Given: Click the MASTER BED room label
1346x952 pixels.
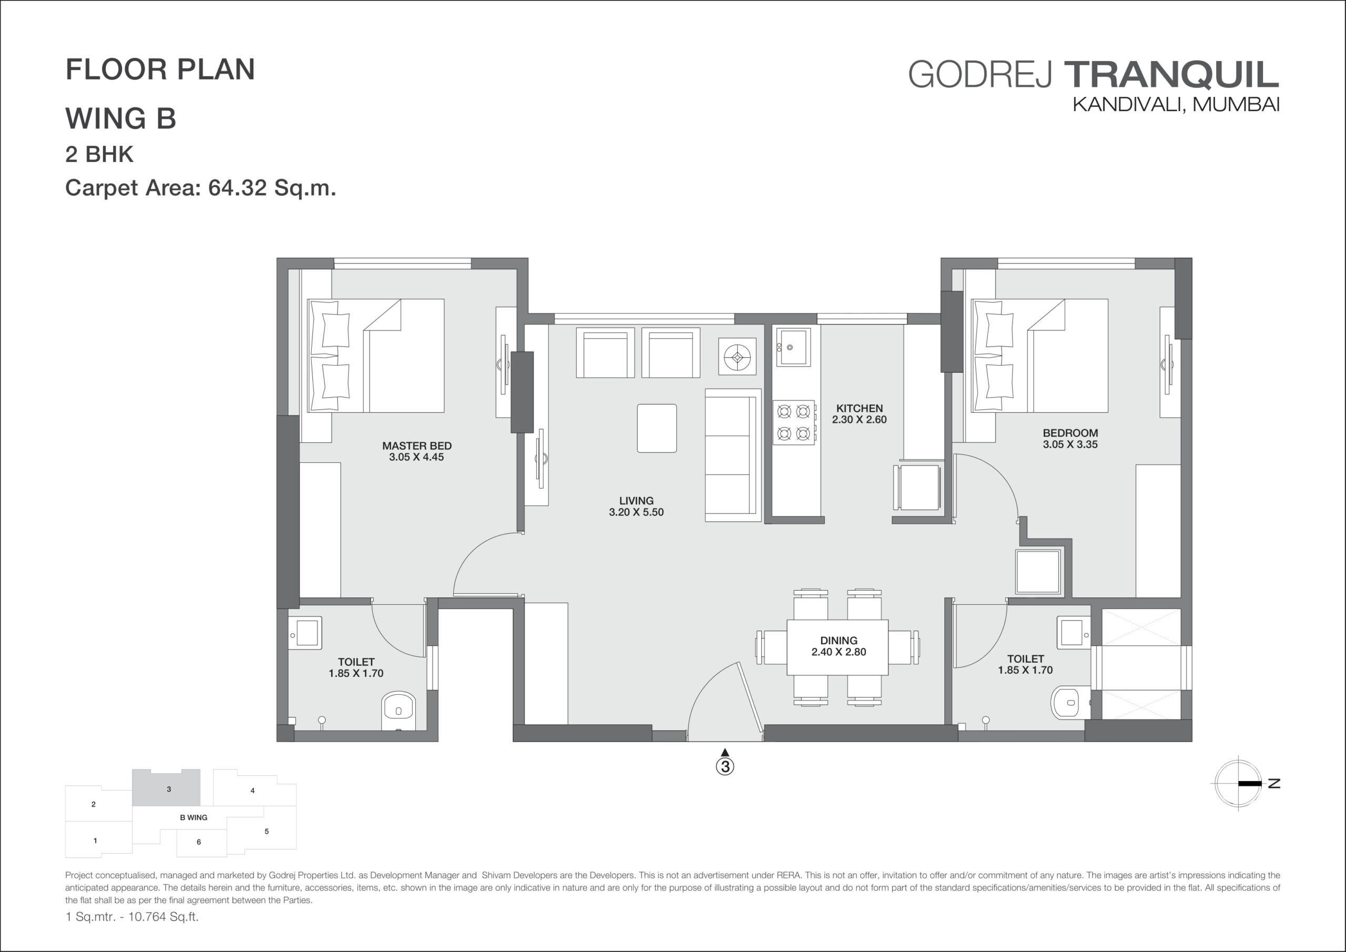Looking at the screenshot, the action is click(417, 446).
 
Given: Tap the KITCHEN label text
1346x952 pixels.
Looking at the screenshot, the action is click(860, 408).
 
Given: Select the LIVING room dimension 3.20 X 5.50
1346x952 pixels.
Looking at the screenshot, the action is click(636, 512).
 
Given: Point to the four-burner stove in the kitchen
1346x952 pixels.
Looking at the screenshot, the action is click(794, 422).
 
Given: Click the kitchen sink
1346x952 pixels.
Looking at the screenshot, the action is click(793, 347).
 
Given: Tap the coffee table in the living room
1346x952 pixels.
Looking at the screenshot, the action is click(657, 428).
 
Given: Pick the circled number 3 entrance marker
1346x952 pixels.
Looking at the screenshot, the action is click(725, 766).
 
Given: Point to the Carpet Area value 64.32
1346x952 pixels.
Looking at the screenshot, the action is click(238, 188).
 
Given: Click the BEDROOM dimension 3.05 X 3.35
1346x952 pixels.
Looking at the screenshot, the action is click(1070, 444).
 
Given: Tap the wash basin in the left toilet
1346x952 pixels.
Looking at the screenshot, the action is click(305, 633).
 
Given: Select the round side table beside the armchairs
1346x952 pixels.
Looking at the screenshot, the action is click(738, 356).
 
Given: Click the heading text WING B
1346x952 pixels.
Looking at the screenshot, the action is click(121, 118).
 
